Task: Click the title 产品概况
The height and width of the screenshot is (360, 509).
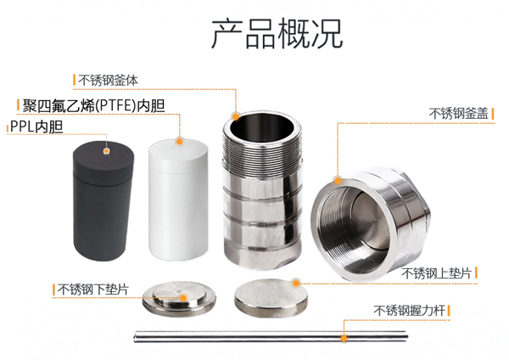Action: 277,33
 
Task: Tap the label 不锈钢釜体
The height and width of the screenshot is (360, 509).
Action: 108,81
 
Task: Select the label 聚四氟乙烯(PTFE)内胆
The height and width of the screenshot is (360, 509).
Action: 93,106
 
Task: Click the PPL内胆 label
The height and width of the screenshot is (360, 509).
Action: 36,127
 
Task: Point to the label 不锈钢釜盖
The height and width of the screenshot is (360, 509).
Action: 458,114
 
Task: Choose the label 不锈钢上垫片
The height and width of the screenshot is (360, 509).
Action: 436,273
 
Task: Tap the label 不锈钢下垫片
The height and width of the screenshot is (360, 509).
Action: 92,290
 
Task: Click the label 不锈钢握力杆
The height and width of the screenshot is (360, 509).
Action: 410,311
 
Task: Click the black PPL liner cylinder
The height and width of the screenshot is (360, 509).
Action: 103,201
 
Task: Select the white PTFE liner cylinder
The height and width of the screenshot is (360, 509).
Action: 178,200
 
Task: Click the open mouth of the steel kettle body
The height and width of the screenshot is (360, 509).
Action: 262,126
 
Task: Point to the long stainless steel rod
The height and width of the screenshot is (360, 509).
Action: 271,336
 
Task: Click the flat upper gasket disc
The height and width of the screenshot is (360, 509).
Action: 271,298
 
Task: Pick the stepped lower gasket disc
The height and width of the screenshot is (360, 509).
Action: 179,299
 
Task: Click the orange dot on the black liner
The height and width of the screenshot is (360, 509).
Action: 106,151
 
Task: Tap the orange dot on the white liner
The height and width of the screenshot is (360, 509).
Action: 179,141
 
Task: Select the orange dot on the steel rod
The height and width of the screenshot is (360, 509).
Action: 344,339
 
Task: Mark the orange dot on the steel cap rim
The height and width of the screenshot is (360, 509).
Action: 338,181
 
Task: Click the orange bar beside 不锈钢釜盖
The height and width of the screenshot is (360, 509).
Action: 493,114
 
